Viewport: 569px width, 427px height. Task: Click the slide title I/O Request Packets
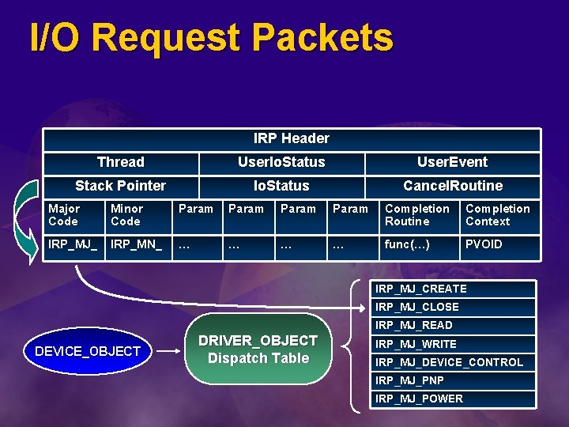click(x=210, y=38)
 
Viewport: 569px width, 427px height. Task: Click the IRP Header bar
click(x=291, y=139)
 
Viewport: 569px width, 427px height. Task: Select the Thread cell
click(x=120, y=163)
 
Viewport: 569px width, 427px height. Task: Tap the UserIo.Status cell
click(x=281, y=163)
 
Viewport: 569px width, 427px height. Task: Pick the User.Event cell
click(x=452, y=163)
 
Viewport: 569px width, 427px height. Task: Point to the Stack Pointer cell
click(x=120, y=187)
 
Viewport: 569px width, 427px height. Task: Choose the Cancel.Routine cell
click(x=452, y=187)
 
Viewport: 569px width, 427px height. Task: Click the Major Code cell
click(x=74, y=215)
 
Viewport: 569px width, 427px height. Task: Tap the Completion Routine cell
click(x=418, y=215)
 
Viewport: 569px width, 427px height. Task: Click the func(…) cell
click(x=418, y=244)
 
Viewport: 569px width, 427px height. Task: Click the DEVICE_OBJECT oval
click(x=87, y=351)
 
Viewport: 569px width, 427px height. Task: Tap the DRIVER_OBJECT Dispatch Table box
click(x=258, y=350)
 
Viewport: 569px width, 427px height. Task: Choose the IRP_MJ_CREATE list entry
click(x=453, y=289)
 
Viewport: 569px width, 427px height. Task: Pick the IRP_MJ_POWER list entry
click(x=453, y=399)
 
